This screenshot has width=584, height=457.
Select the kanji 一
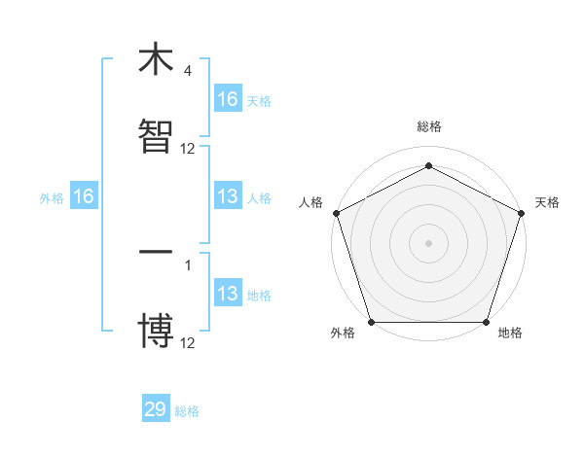pos(156,252)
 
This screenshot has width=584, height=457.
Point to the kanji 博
pos(156,331)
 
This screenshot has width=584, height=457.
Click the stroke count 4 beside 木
pos(187,71)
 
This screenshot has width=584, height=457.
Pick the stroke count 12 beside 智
pos(188,149)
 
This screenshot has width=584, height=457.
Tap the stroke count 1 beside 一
pos(187,264)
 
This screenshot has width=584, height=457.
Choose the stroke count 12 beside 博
pos(188,343)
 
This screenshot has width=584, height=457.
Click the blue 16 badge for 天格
pos(228,98)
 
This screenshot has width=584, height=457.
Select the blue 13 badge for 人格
pos(228,196)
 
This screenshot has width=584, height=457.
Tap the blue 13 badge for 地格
pos(228,294)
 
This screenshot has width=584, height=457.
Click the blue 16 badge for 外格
pos(84,196)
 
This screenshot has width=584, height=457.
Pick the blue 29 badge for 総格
pos(156,409)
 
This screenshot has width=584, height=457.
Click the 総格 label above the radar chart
pos(429,127)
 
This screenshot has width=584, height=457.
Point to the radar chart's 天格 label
pos(548,202)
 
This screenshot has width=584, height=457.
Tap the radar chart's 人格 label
pos(310,202)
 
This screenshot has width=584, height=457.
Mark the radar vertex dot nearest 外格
pos(371,322)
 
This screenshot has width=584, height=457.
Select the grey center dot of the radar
pos(428,242)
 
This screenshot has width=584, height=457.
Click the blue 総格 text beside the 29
pos(187,411)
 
